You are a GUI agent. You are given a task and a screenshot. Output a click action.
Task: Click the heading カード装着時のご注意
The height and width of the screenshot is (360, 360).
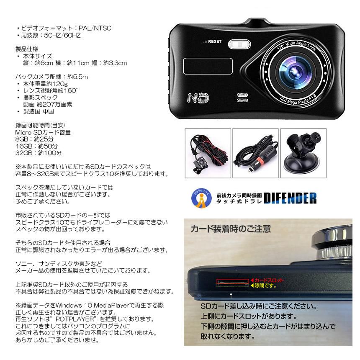tap(230, 229)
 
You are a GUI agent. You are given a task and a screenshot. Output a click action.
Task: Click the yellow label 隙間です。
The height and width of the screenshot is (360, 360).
tap(266, 286)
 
